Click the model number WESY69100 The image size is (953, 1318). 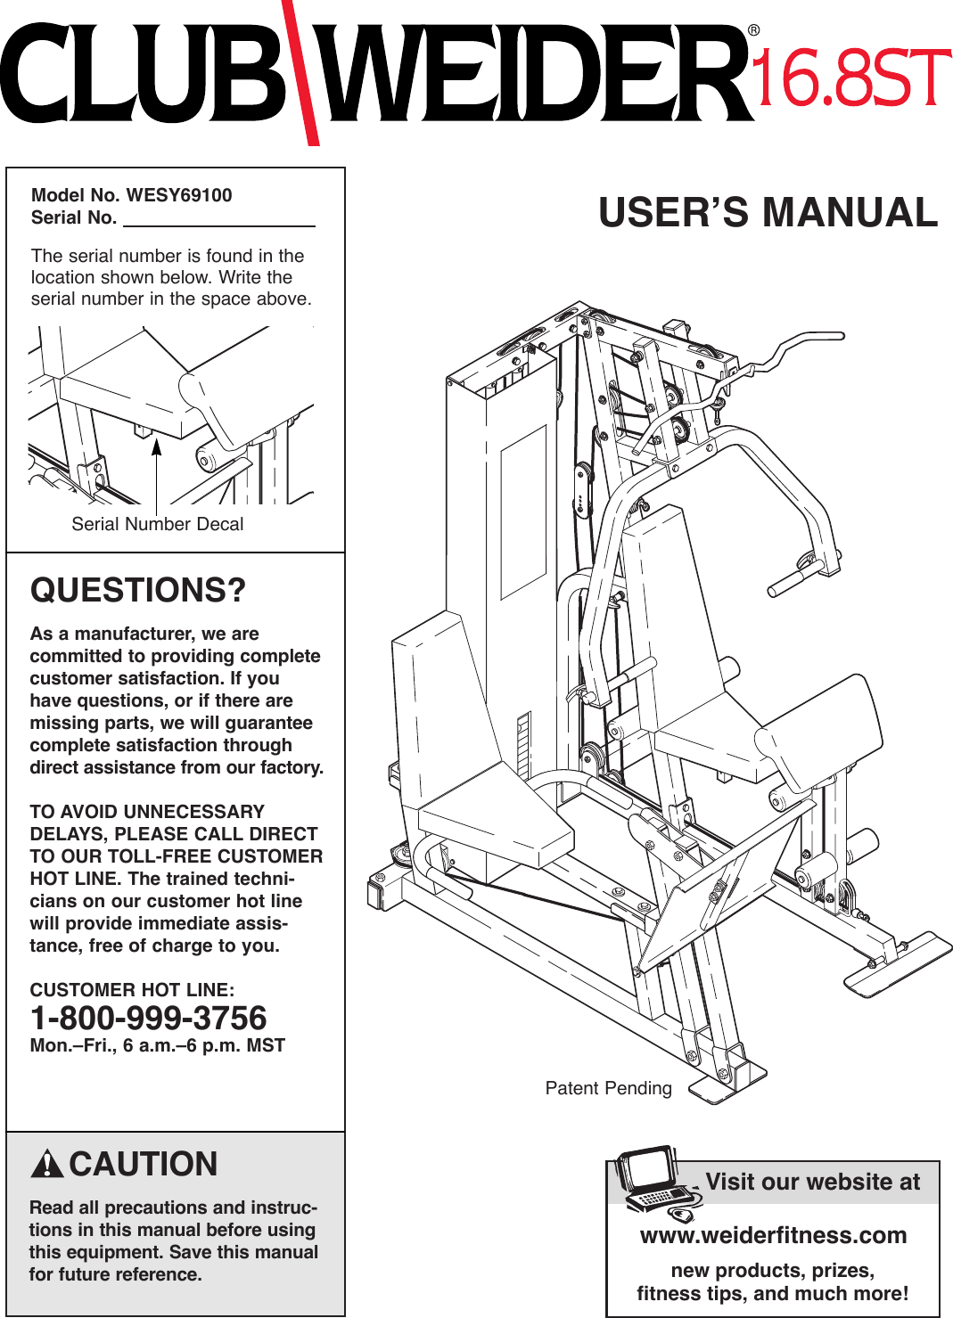tap(178, 195)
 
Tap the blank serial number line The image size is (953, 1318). tap(218, 219)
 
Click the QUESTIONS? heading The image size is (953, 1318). tap(138, 591)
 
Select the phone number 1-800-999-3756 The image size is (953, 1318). tap(148, 1018)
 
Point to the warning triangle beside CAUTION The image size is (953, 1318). tap(46, 1165)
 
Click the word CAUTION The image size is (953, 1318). tap(144, 1164)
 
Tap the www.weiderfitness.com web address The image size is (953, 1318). tap(773, 1235)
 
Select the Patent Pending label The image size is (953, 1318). tap(608, 1088)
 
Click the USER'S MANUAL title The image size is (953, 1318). tap(768, 213)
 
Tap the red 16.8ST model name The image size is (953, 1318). tap(852, 78)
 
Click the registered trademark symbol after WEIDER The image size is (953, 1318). tap(754, 31)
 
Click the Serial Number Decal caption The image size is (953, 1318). tap(157, 524)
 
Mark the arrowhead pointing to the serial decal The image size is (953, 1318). tap(156, 446)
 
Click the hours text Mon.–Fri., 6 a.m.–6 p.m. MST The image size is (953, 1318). tap(157, 1045)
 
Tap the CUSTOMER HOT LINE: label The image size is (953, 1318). tap(132, 990)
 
